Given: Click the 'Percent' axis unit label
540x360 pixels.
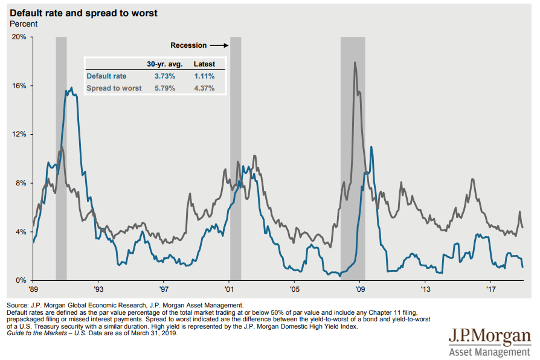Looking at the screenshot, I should [24, 24].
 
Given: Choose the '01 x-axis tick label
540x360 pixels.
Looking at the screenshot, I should [229, 289].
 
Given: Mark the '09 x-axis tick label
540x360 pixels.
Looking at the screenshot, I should [360, 289].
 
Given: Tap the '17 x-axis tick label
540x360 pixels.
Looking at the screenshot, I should [490, 289].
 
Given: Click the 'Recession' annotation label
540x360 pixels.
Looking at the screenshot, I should [188, 45].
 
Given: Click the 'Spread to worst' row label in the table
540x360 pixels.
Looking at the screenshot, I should [114, 88].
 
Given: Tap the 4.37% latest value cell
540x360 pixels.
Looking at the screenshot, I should [204, 88].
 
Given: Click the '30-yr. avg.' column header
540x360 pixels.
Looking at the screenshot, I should [161, 64].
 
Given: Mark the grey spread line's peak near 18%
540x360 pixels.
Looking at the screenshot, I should [355, 62].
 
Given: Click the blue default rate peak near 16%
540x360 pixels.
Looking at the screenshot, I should [71, 88].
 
